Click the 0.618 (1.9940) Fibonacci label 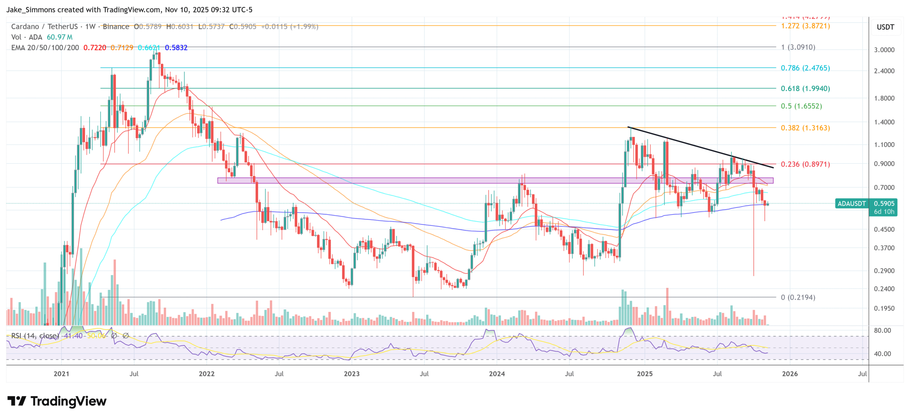coord(805,88)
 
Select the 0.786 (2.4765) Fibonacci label coord(805,68)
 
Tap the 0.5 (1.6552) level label coord(801,106)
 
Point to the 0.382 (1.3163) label coord(805,128)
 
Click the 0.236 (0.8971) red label coord(805,164)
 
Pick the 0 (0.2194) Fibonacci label coord(798,297)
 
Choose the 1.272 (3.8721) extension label coord(805,26)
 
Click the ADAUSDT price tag coord(851,204)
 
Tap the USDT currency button coord(885,27)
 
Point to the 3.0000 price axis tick coord(884,50)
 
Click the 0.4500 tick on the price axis coord(884,230)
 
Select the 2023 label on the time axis coord(352,374)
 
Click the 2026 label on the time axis coord(789,374)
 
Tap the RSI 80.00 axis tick coord(882,330)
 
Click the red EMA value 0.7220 coord(95,48)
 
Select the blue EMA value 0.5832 coord(176,48)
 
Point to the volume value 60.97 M coord(59,37)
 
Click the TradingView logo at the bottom coord(57,401)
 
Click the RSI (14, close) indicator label coord(35,336)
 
